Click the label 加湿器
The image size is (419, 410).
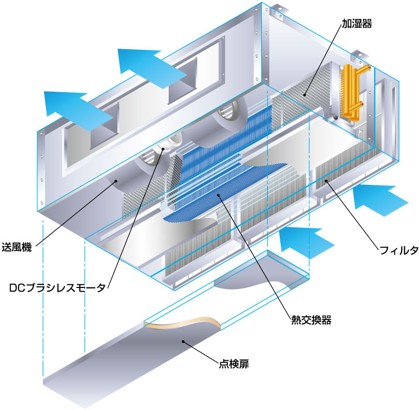tap(357, 24)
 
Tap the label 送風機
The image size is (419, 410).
tap(17, 247)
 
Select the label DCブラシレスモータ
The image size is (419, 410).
tap(58, 287)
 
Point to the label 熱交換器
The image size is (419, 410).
tap(311, 320)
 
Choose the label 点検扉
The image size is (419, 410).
tap(234, 364)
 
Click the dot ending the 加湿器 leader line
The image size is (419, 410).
tap(305, 95)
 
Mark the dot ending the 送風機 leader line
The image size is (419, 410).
tap(116, 181)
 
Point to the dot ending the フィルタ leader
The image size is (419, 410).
tap(326, 181)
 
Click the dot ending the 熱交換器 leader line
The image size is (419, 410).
tap(219, 195)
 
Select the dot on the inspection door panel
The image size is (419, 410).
tap(183, 341)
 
